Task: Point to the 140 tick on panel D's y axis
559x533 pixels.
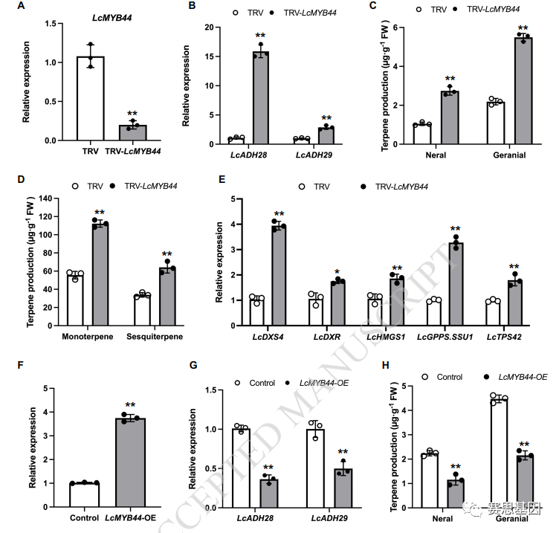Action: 48,198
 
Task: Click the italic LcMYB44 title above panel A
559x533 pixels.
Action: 112,16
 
